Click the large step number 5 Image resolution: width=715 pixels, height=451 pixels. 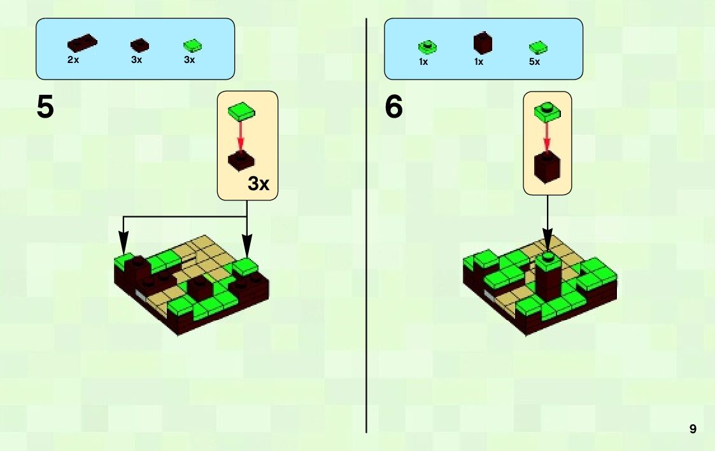(x=45, y=107)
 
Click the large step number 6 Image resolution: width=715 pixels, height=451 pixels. (x=394, y=107)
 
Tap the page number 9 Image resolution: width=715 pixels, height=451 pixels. (x=693, y=429)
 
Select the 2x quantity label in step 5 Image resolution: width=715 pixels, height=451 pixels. (x=73, y=60)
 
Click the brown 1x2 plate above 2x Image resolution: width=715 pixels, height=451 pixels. (x=82, y=44)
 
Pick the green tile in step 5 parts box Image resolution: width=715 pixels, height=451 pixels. (x=192, y=45)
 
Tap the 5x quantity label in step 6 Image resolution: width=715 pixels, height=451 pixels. (x=534, y=62)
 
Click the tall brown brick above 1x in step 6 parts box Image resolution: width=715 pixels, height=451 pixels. (x=483, y=43)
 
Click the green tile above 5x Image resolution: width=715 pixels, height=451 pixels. (x=538, y=47)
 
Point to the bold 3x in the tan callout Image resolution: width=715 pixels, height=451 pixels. (x=258, y=184)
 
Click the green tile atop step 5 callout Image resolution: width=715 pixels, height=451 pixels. (x=242, y=111)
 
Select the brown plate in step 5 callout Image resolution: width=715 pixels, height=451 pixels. (x=241, y=161)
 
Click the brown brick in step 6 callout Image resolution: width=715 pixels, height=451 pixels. (x=547, y=167)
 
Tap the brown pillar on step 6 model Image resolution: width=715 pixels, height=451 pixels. (x=546, y=279)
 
